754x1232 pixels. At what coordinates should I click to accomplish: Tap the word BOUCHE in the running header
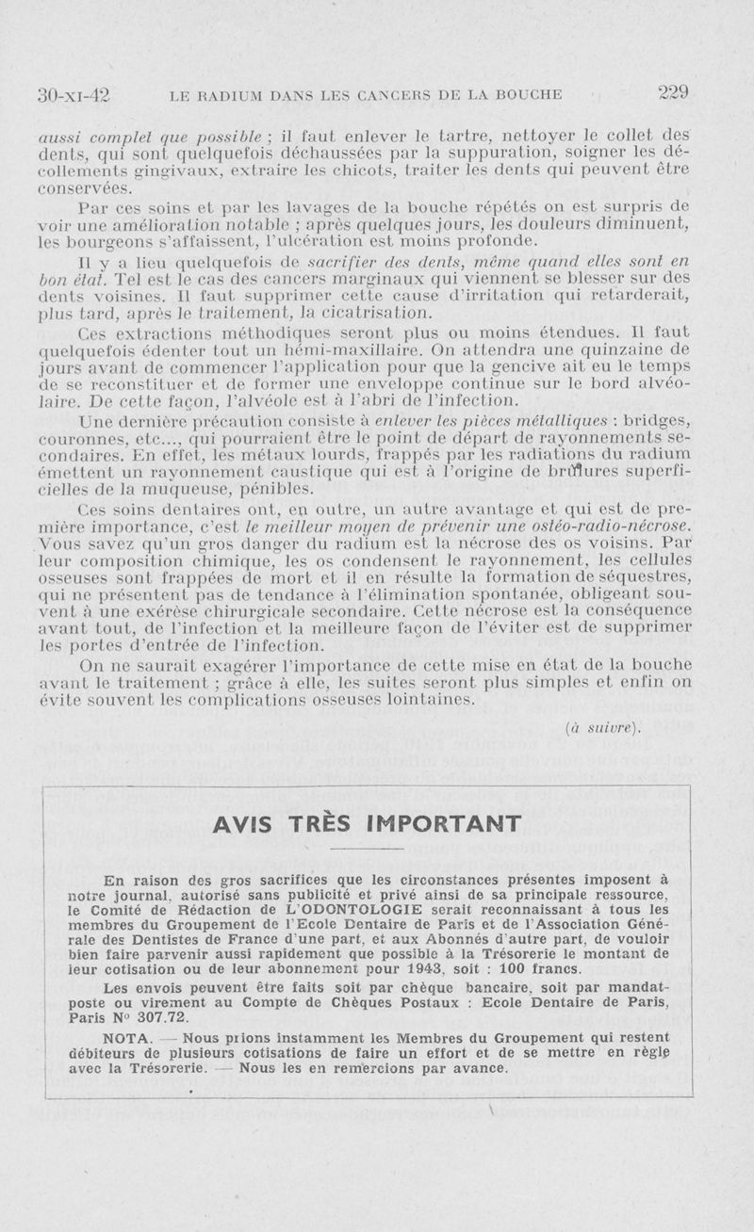point(527,94)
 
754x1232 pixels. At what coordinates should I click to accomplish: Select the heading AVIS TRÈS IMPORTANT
point(368,823)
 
